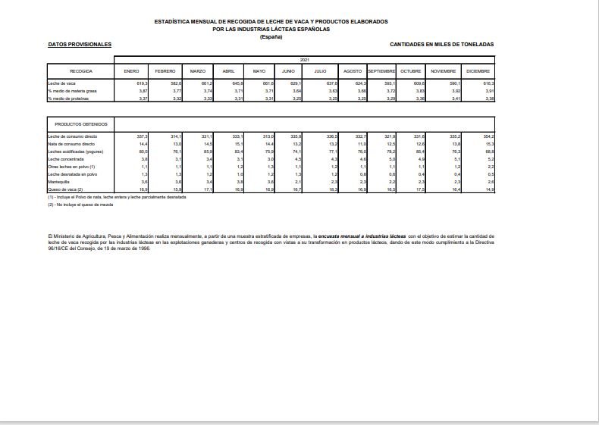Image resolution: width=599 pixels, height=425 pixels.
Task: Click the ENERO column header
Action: point(131,70)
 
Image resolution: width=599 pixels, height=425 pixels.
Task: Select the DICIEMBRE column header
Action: point(479,70)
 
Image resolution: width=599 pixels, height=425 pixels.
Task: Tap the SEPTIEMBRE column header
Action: point(382,70)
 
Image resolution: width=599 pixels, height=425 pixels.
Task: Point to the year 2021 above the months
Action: point(305,59)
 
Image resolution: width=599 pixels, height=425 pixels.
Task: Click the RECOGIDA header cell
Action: point(80,70)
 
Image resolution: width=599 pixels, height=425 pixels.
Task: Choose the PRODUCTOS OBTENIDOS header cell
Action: point(81,123)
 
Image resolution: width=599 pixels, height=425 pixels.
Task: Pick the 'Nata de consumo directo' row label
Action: point(71,143)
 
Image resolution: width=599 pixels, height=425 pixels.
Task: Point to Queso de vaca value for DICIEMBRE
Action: point(489,190)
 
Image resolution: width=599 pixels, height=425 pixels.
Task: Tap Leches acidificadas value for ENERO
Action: point(143,151)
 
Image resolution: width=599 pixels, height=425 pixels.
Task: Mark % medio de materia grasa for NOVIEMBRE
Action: point(455,90)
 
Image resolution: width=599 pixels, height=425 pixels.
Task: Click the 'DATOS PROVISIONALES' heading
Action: point(80,45)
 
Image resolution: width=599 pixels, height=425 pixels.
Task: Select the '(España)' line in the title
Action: point(271,37)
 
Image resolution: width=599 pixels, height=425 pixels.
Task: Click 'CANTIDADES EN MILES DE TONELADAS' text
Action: point(441,45)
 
